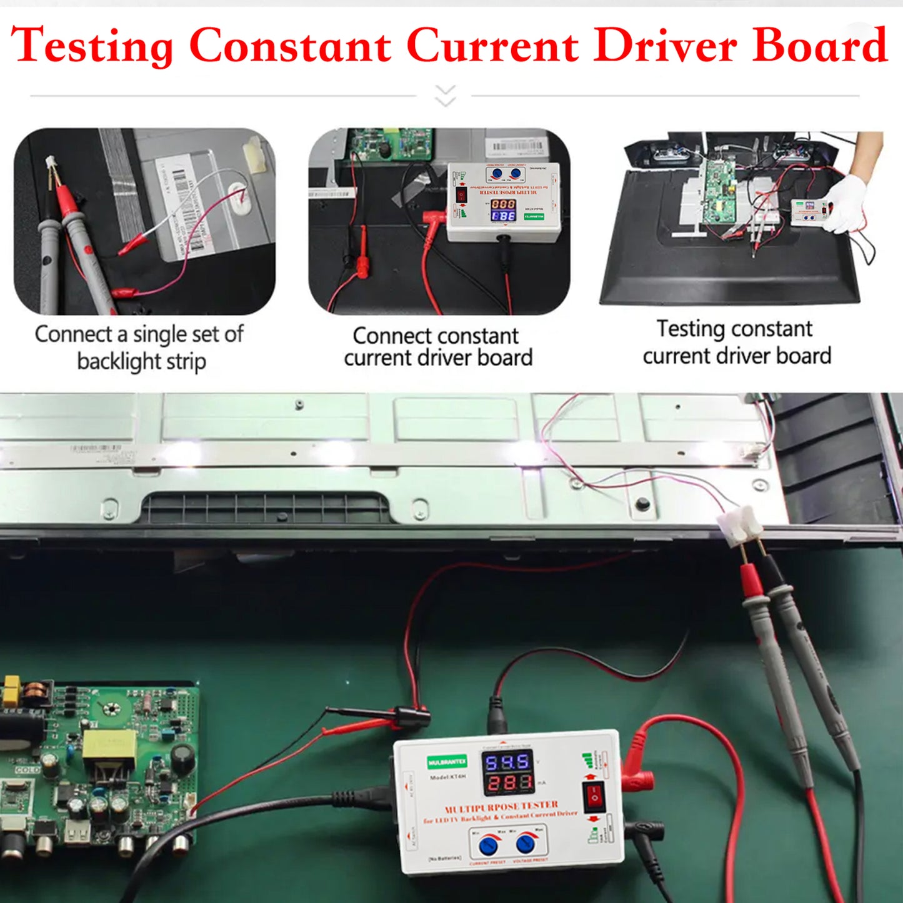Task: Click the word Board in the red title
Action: tap(819, 45)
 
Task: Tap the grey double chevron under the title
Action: tap(445, 96)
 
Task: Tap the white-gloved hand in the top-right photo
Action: tap(849, 204)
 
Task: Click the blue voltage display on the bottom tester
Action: tap(507, 762)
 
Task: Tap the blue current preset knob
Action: tap(489, 846)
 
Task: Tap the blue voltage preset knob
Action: tap(526, 844)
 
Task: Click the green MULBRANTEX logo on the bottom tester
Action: tap(447, 762)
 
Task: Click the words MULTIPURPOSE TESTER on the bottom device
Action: tap(501, 807)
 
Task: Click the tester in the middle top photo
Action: tap(503, 201)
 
